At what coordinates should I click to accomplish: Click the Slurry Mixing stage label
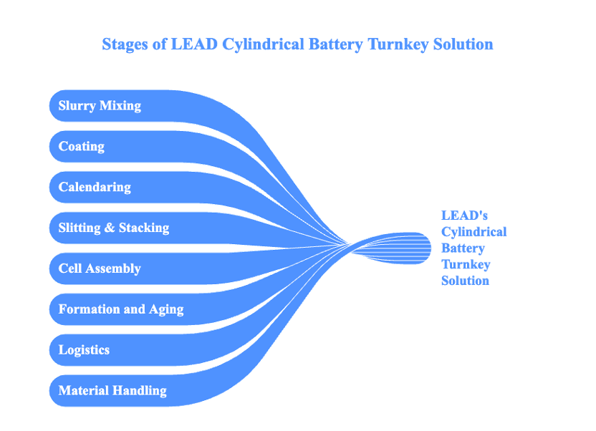(100, 106)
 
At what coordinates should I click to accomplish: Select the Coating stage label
(82, 147)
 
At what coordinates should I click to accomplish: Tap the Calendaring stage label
(95, 188)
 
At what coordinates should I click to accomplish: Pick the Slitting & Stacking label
(114, 228)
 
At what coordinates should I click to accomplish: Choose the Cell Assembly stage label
(100, 269)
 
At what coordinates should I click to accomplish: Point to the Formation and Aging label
(121, 310)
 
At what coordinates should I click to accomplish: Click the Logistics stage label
(84, 350)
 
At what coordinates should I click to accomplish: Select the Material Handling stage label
(112, 391)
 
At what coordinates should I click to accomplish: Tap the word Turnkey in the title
(398, 44)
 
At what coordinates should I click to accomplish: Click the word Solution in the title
(463, 44)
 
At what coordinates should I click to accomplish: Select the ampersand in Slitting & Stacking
(109, 228)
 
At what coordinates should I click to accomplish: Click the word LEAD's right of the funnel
(464, 215)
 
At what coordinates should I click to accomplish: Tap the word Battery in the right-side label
(463, 248)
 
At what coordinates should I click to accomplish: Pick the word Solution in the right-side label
(465, 281)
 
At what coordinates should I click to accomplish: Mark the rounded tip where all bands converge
(427, 248)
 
